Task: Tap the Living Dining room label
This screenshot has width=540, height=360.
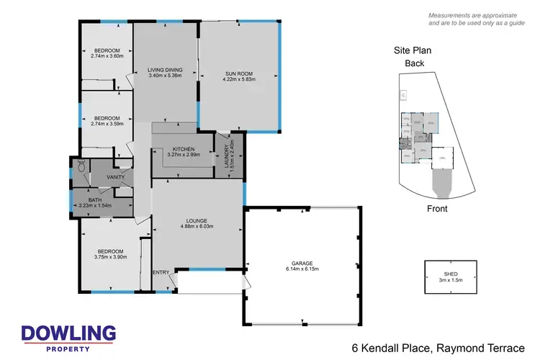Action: click(165, 70)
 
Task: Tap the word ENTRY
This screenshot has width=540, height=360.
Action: click(161, 272)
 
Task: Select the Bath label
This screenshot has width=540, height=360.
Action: click(95, 200)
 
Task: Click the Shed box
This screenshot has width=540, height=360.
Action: click(450, 276)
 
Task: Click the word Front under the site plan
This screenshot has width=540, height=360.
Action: click(436, 209)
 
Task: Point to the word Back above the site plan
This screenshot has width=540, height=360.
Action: click(414, 63)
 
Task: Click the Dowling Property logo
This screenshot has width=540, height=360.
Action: click(68, 336)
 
